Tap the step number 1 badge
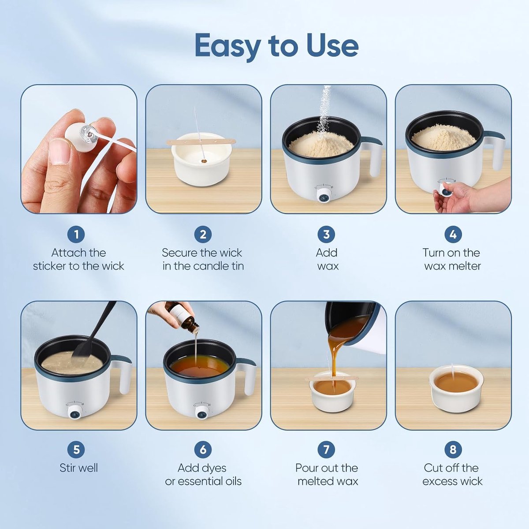coord(76,235)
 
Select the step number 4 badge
coord(453,235)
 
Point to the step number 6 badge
coord(203,449)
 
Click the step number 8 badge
coord(453,449)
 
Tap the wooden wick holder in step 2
coord(201,142)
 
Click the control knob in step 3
coord(324,197)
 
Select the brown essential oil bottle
coord(184,318)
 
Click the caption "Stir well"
coord(78,468)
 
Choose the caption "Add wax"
coord(327,259)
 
